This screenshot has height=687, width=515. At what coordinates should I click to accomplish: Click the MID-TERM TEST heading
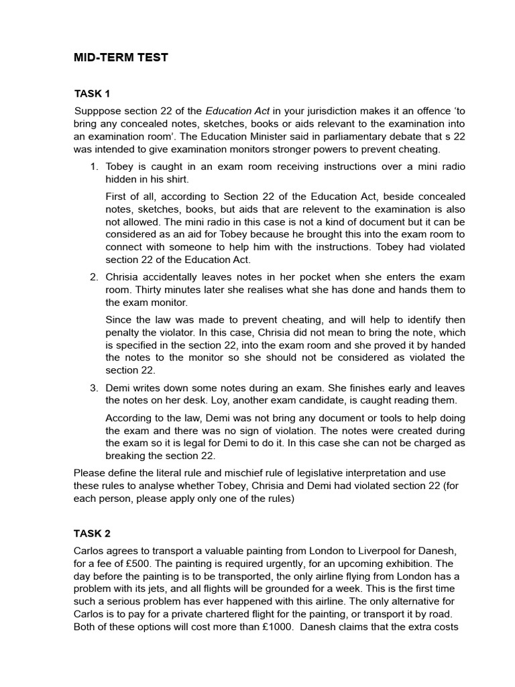121,58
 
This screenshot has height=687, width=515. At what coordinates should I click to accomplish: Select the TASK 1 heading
92,93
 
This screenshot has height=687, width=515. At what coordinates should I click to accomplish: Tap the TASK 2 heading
92,533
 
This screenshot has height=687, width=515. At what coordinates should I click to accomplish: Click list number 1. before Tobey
94,166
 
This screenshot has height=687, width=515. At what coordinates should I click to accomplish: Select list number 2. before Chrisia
94,277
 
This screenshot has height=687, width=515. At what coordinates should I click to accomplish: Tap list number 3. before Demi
94,388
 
